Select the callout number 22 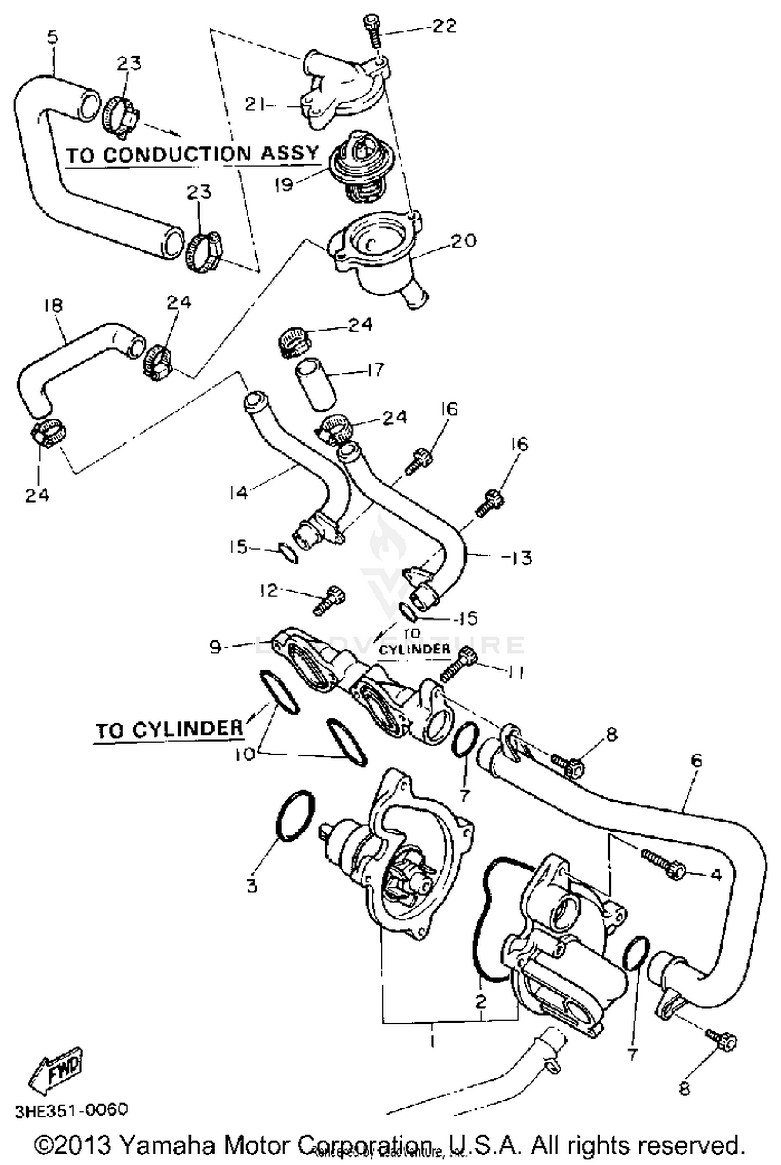[x=444, y=26]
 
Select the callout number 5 [x=53, y=37]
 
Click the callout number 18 [x=53, y=305]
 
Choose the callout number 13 [x=519, y=558]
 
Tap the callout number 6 [x=696, y=761]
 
